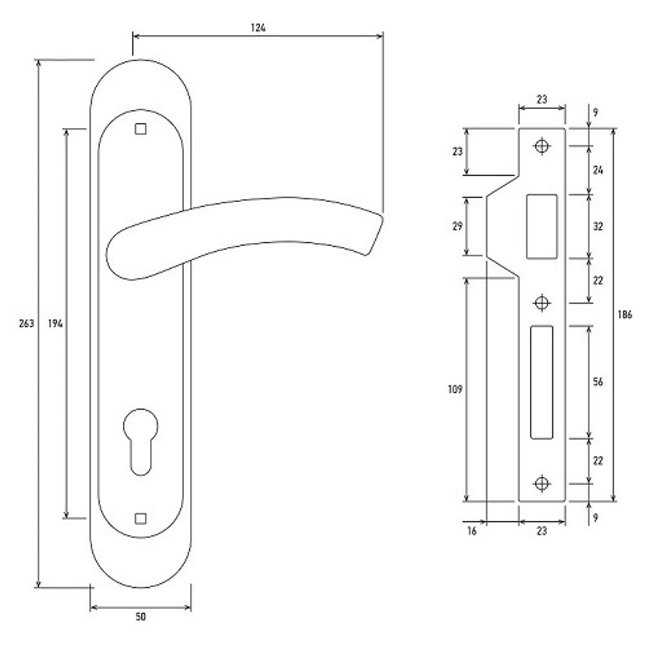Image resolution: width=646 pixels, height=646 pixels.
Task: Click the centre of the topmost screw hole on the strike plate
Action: click(542, 146)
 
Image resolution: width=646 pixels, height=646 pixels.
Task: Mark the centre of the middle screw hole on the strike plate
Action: click(542, 303)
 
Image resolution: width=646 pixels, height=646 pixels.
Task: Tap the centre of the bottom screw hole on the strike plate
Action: click(542, 483)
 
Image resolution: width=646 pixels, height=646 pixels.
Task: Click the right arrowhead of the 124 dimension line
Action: click(380, 36)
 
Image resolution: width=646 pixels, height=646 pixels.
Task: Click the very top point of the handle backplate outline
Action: click(140, 59)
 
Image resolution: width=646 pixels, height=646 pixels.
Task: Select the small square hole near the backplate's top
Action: click(140, 129)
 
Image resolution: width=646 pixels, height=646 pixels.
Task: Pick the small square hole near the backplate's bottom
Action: click(140, 518)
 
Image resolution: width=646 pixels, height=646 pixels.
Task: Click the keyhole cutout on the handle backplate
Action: click(140, 442)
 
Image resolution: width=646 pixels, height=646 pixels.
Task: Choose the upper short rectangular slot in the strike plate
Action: click(542, 227)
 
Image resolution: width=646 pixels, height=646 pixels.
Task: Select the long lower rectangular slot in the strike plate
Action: click(541, 382)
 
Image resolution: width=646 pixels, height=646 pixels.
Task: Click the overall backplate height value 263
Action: click(26, 324)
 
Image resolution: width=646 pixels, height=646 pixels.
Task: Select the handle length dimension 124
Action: click(258, 28)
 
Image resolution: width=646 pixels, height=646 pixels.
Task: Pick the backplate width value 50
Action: click(140, 617)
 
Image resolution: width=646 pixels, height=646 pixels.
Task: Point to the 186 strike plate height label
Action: click(625, 315)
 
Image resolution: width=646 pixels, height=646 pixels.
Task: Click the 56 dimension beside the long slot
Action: click(598, 382)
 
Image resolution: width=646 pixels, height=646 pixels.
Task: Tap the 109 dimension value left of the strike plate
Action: click(455, 389)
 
